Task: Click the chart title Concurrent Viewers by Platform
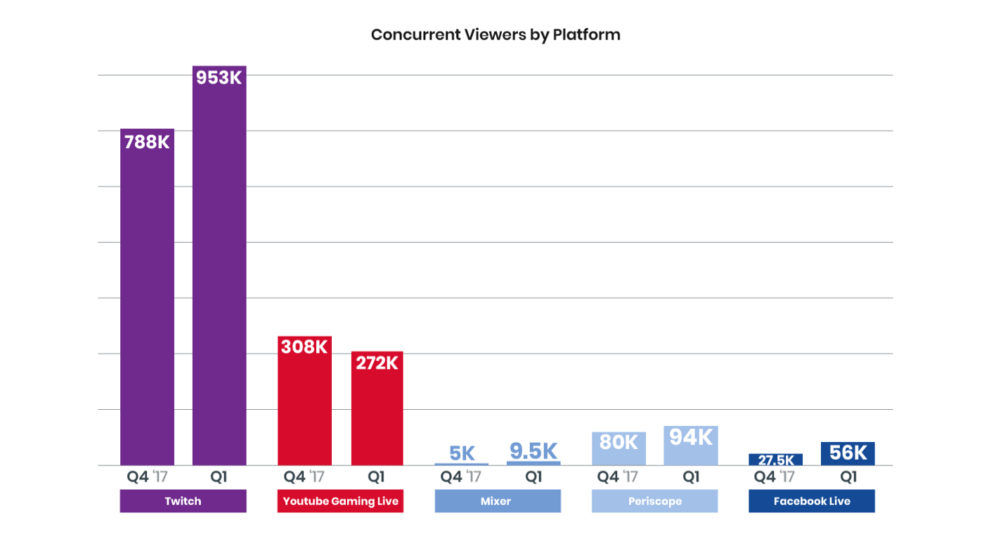[496, 34]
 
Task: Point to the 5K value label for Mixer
[461, 453]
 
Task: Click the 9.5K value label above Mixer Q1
[533, 451]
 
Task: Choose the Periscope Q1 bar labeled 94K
[691, 446]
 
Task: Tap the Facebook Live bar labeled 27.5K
[776, 460]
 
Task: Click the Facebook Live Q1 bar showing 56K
[848, 453]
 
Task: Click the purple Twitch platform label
[183, 501]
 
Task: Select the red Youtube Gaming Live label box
[340, 501]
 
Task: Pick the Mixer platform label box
[498, 501]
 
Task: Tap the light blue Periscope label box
[654, 501]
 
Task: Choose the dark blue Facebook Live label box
[812, 501]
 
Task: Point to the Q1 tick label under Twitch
[219, 477]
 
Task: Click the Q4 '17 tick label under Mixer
[461, 477]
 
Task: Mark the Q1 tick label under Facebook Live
[848, 477]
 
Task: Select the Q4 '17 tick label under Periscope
[619, 477]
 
